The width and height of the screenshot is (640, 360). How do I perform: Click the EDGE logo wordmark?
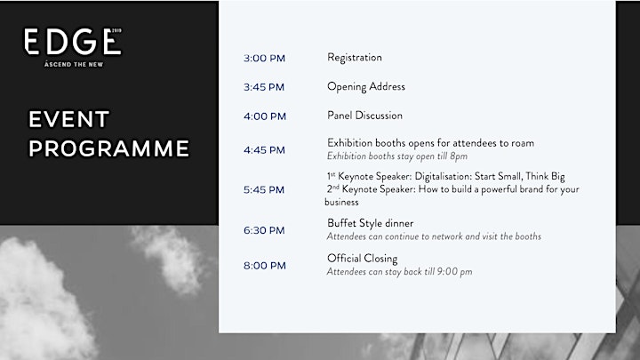72,41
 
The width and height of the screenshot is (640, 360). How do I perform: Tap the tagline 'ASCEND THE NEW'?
74,64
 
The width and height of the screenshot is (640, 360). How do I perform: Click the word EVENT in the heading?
68,119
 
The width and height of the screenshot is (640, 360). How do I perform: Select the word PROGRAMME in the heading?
109,148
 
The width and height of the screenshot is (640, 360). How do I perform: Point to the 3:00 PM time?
264,59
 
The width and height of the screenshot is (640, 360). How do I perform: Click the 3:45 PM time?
264,87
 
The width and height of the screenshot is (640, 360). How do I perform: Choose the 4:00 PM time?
265,116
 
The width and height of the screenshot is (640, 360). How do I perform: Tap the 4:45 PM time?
264,150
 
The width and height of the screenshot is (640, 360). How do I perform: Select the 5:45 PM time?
264,190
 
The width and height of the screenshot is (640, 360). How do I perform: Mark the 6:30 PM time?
264,230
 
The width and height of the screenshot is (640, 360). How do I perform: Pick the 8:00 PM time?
265,266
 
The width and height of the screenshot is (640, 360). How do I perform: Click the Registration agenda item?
355,58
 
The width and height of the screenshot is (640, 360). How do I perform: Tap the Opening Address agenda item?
366,87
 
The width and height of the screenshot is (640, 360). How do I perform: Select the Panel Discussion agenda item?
364,116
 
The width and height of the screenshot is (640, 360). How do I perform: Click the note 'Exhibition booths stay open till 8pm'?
397,156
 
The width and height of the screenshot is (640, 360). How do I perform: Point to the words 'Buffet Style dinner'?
370,223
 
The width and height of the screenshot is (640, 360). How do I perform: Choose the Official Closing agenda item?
362,259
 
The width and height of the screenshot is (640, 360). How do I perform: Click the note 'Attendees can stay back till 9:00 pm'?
399,272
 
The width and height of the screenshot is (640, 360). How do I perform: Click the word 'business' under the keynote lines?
341,202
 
